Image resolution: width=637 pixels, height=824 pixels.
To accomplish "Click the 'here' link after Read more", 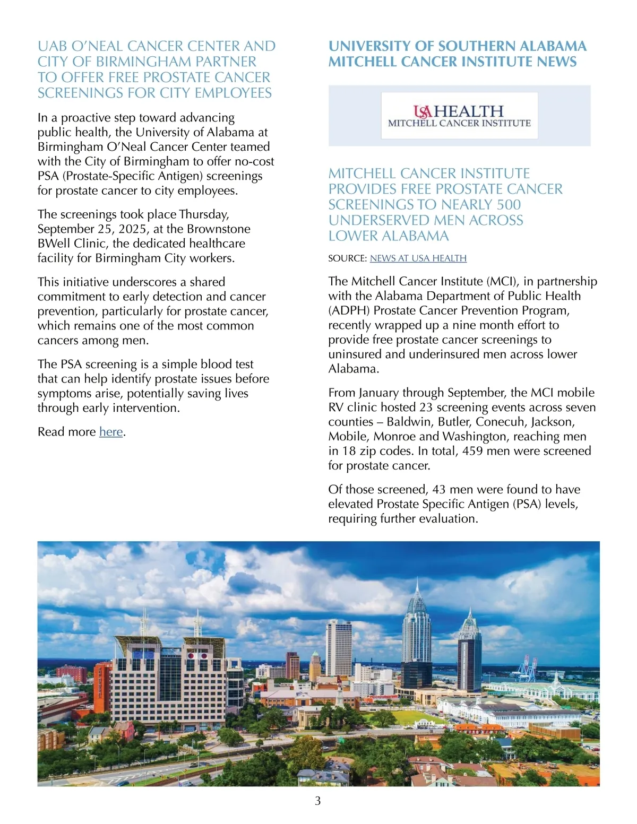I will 111,432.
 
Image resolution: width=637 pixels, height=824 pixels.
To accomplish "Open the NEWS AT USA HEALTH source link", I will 418,258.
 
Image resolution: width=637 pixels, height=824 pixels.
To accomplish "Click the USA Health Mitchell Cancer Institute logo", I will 459,116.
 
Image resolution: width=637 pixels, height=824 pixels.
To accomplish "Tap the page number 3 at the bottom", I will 318,801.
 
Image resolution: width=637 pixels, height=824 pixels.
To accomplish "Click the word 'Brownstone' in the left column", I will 219,229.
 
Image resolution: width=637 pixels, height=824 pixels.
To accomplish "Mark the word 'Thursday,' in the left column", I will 204,214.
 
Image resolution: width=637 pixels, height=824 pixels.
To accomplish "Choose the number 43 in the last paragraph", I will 438,490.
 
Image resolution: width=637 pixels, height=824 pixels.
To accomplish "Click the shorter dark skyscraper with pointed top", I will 469,653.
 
